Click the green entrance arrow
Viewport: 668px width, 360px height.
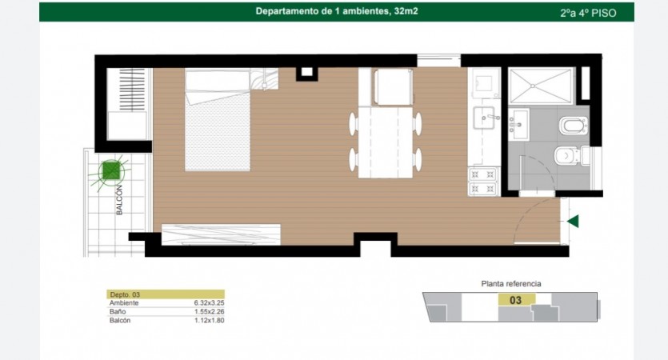point(573,221)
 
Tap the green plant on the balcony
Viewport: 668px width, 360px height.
point(110,171)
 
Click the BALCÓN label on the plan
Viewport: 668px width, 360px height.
point(119,200)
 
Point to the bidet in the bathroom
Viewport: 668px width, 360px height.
point(573,126)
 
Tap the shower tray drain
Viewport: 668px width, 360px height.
point(533,86)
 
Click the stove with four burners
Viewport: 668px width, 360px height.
point(483,182)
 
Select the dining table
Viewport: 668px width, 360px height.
point(386,142)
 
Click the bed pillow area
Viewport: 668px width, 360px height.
point(217,86)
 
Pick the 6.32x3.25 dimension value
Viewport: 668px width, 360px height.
point(209,303)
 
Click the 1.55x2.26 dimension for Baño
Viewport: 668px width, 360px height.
point(209,311)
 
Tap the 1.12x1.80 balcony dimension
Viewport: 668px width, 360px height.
point(209,320)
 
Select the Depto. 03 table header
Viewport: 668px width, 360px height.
point(166,294)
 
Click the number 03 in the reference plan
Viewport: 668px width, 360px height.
point(515,300)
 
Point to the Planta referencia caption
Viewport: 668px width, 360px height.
point(511,284)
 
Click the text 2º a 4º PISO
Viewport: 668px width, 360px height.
point(588,14)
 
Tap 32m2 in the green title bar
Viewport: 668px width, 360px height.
point(406,11)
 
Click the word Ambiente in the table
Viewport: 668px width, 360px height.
point(124,303)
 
